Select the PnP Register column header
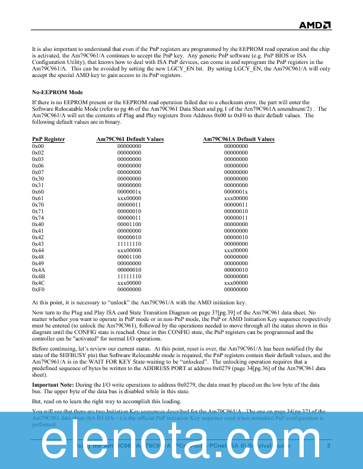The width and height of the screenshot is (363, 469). [x=49, y=139]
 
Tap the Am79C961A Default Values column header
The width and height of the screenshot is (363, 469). [x=238, y=139]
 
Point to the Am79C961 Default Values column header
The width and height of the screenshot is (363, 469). [x=130, y=139]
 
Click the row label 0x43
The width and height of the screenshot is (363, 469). [x=38, y=243]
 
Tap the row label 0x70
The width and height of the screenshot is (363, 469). [x=38, y=204]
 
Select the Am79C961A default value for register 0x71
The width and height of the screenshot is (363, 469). [x=236, y=211]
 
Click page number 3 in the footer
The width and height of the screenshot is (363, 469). [x=328, y=446]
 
